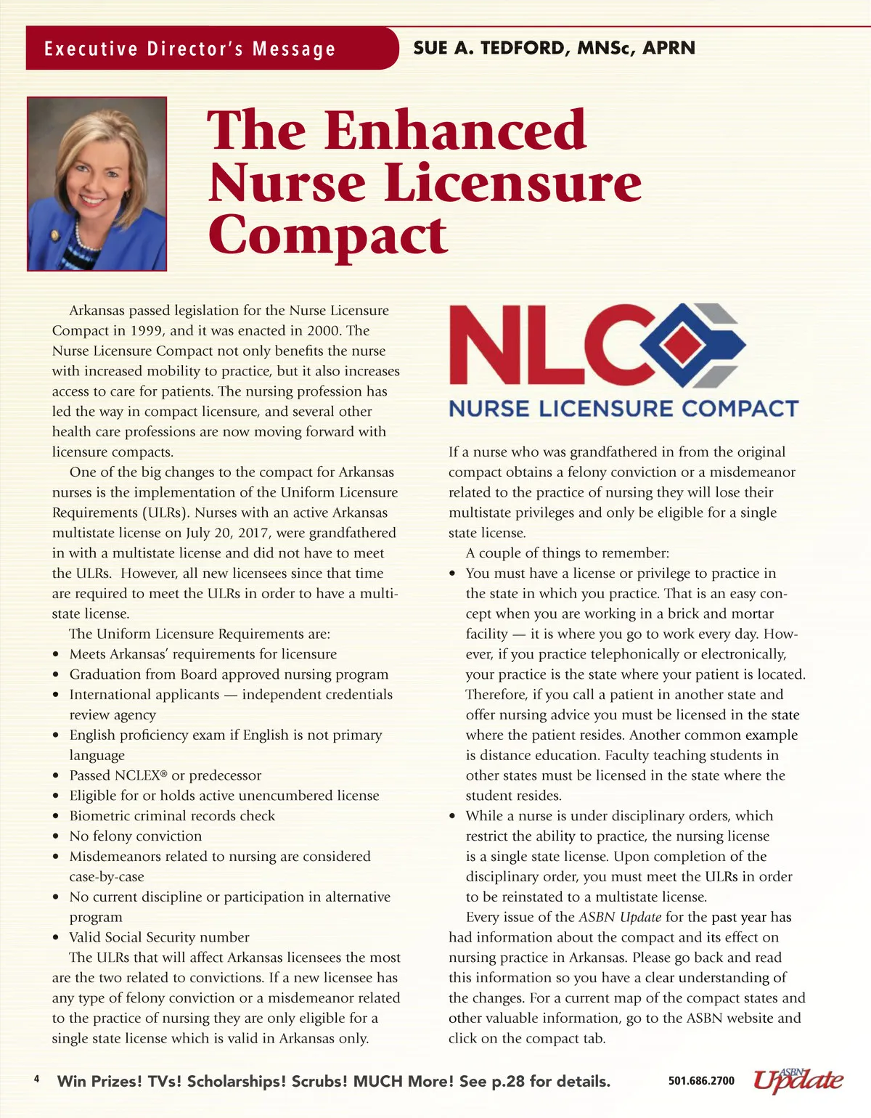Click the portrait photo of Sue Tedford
(97, 184)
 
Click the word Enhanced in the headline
(455, 131)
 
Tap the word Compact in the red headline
(327, 235)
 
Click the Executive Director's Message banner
(190, 49)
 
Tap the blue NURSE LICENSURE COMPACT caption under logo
(623, 409)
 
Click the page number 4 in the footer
(36, 1079)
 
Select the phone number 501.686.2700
(701, 1081)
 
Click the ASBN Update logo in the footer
(798, 1080)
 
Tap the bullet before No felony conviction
(57, 837)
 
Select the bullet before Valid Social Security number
(57, 938)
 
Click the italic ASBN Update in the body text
(620, 917)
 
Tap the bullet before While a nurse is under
(453, 817)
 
